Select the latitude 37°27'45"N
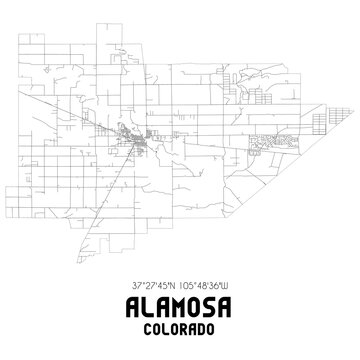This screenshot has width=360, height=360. (150, 286)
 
